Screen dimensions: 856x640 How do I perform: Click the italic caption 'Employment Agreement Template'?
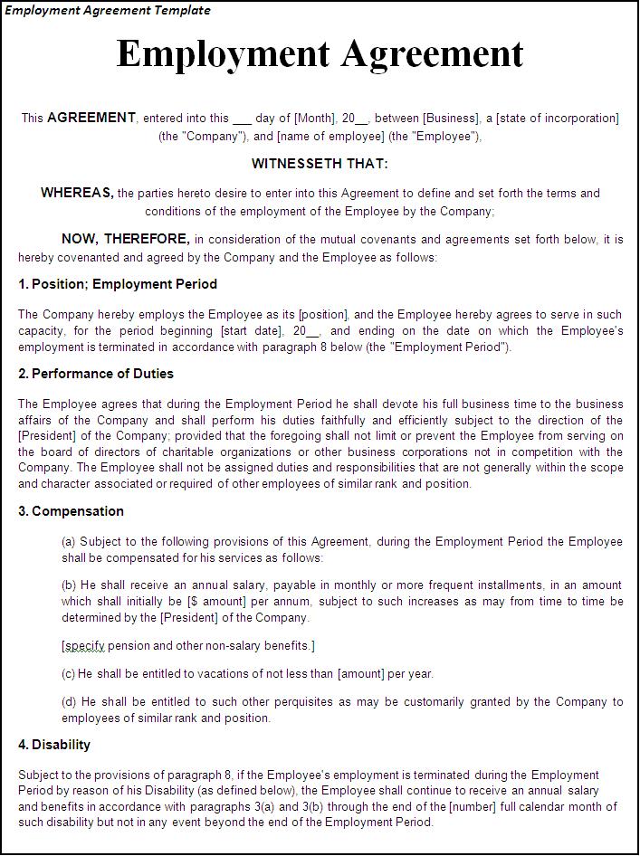(108, 11)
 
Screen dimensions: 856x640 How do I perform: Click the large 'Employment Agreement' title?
(320, 54)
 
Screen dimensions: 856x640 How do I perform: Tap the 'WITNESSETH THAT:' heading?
(320, 164)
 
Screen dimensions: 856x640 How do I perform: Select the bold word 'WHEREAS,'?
(77, 193)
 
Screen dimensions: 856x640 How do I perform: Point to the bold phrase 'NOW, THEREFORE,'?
(125, 240)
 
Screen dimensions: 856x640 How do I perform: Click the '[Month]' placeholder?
(314, 119)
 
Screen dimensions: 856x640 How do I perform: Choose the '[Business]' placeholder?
(451, 119)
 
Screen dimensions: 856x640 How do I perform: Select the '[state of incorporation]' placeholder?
(558, 119)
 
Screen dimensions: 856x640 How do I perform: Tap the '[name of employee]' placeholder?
(330, 137)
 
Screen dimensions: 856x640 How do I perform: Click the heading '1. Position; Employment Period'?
(118, 284)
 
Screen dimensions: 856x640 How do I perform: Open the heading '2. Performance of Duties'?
(96, 374)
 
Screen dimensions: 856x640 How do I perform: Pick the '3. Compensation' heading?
(71, 511)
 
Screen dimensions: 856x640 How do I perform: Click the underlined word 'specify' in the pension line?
(84, 646)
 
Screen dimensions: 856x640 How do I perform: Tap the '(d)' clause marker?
(70, 702)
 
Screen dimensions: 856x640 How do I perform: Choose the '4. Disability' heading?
(54, 745)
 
